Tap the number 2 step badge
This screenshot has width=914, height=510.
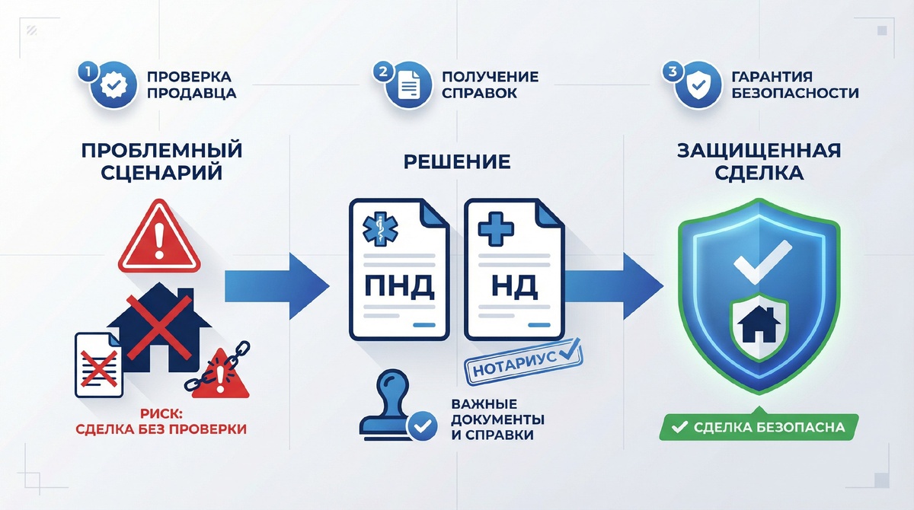381,72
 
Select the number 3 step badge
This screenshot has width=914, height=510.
671,72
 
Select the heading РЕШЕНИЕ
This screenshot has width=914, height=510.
456,161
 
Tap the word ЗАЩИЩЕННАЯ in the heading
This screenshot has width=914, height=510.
759,149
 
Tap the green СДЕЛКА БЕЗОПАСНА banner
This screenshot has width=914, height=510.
759,427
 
